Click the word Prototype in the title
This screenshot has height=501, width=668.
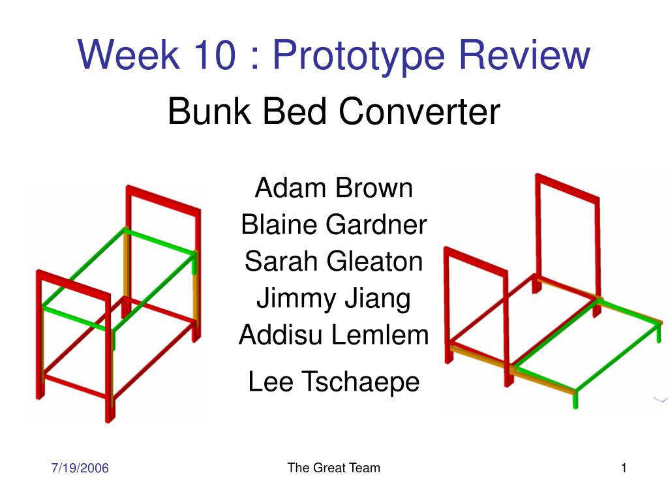click(x=358, y=56)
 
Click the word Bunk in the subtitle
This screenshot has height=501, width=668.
click(x=209, y=111)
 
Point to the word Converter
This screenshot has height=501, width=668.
click(x=419, y=111)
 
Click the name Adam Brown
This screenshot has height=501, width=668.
click(x=333, y=187)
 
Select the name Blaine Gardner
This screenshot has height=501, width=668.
click(x=333, y=224)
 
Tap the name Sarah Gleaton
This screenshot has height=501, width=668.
click(x=333, y=261)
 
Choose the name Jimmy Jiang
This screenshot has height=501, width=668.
click(x=333, y=299)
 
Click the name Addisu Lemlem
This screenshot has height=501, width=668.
click(x=333, y=335)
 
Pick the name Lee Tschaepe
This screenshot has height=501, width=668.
click(x=333, y=382)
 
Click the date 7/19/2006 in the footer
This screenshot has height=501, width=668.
click(x=80, y=468)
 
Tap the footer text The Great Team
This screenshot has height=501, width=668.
click(x=333, y=467)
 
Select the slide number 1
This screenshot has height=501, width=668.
click(x=624, y=468)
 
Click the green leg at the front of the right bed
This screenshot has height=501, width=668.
click(x=575, y=400)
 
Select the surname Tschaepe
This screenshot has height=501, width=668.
click(x=361, y=382)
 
